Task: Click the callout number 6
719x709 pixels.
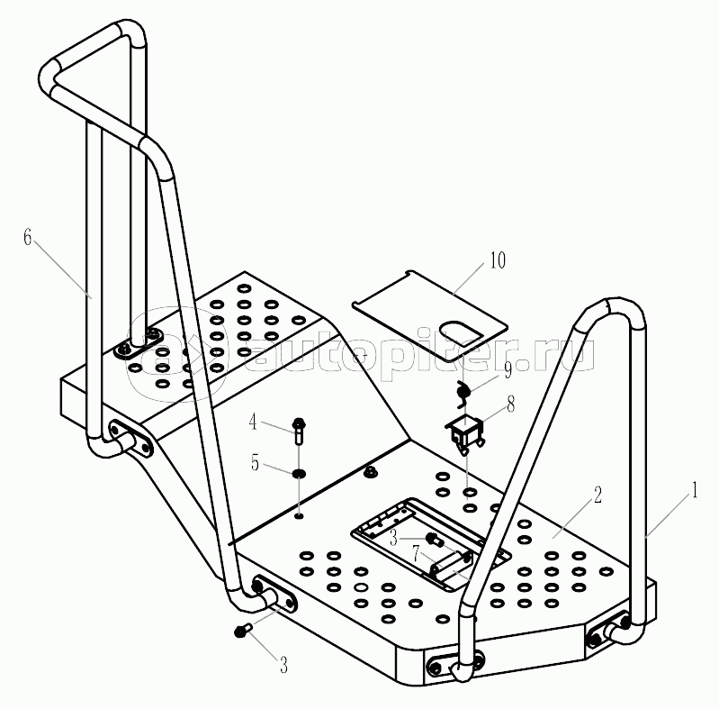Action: coord(28,238)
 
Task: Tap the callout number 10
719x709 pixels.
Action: coord(498,260)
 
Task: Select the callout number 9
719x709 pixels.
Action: coord(508,370)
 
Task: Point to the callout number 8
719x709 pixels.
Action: coord(511,404)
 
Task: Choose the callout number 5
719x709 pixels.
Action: coord(255,463)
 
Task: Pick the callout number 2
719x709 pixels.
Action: coord(598,495)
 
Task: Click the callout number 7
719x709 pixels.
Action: coord(416,554)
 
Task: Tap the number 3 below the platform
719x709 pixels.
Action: coord(283,665)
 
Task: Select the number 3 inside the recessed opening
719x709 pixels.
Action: coord(393,539)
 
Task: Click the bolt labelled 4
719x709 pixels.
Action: coord(299,431)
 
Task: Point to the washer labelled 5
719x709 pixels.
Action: coord(299,473)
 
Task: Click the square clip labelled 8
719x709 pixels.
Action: coord(465,432)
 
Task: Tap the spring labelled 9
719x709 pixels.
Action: coord(462,394)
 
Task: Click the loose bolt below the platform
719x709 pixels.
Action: coord(243,630)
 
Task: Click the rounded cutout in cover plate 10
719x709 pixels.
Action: coord(461,332)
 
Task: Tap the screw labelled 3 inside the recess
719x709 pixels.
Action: coord(435,540)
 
